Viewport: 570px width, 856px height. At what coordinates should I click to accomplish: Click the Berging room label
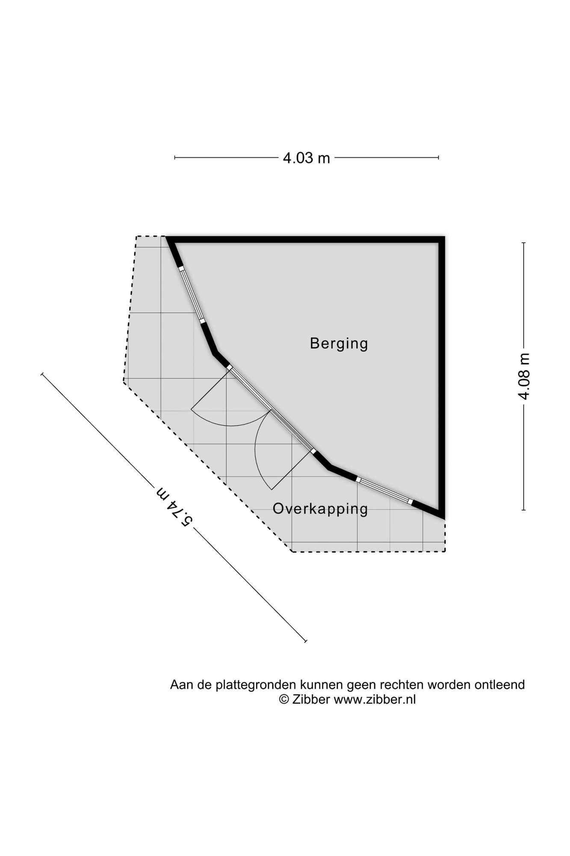point(339,344)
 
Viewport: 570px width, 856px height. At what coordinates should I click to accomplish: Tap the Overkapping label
point(320,509)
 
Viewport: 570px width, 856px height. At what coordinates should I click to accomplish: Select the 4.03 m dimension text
point(306,158)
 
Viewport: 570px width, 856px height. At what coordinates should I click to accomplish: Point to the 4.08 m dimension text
point(524,376)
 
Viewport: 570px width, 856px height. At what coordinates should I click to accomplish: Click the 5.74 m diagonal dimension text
point(174,506)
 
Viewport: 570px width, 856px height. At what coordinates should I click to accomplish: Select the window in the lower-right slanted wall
point(384,490)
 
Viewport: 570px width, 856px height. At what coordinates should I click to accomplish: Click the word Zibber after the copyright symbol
point(311,699)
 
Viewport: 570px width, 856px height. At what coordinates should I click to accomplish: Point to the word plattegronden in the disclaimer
point(255,685)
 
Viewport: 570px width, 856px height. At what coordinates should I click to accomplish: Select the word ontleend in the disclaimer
point(499,684)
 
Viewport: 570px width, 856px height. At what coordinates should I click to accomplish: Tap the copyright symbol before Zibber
point(284,699)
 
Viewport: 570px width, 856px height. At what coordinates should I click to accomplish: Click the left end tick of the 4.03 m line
point(175,158)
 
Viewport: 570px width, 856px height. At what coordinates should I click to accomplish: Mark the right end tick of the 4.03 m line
point(438,158)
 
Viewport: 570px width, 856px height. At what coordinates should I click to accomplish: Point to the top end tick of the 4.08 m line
point(523,243)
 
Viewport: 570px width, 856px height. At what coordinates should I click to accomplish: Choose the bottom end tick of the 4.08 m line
point(523,510)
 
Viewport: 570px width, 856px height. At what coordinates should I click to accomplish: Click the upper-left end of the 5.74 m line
point(42,374)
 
